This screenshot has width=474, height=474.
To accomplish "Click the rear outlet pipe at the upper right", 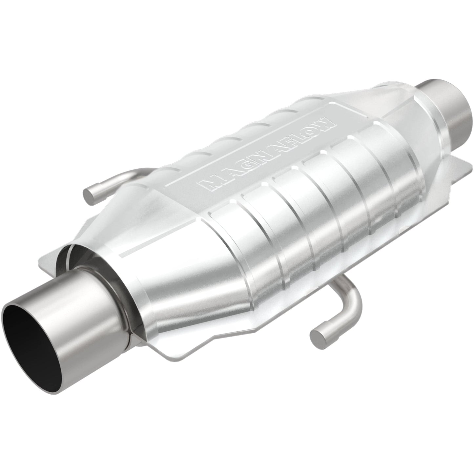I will (x=449, y=108).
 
